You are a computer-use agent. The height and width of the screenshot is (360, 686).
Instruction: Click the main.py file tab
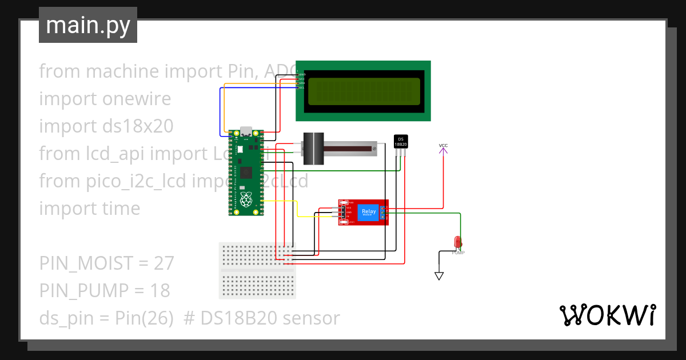click(87, 25)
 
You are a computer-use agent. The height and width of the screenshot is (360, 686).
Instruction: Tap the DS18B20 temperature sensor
click(401, 142)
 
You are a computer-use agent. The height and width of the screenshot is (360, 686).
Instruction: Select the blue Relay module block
click(368, 213)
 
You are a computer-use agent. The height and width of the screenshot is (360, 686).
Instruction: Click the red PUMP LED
click(457, 242)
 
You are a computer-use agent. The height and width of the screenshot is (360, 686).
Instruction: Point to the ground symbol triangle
click(439, 276)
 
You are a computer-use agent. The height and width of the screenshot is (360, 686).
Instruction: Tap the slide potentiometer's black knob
click(313, 148)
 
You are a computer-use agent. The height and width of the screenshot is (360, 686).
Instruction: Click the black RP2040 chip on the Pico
click(246, 172)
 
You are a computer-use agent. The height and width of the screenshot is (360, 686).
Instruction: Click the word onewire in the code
click(137, 99)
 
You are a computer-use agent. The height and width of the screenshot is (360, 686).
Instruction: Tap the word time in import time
click(121, 209)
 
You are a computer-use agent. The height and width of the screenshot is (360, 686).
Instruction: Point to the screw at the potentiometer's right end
click(374, 149)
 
